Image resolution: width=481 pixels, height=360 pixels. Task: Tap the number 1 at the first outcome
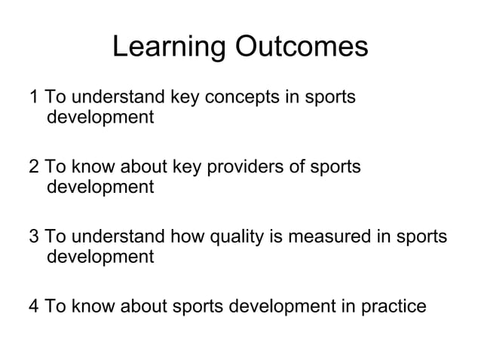pyautogui.click(x=33, y=98)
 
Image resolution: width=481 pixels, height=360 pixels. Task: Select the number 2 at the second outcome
pyautogui.click(x=33, y=166)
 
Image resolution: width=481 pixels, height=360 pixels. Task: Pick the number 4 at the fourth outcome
pyautogui.click(x=33, y=307)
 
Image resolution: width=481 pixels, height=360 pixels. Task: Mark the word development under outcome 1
pyautogui.click(x=100, y=118)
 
